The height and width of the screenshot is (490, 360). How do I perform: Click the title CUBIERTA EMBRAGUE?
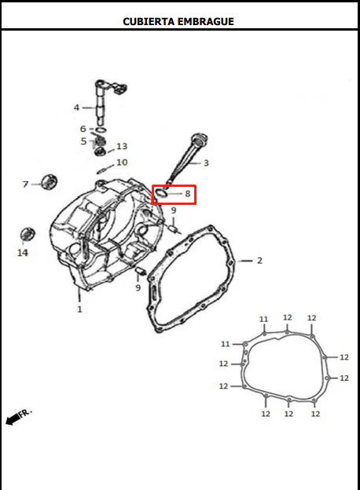178,21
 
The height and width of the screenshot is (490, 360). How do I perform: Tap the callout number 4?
76,108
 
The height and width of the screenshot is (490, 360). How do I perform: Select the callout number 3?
206,163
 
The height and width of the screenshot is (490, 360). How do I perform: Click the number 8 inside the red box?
188,194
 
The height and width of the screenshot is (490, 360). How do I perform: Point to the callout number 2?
259,261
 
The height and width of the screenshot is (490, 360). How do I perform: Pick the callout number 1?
79,309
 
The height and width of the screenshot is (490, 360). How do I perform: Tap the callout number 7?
26,185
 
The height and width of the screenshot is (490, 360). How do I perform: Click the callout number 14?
23,253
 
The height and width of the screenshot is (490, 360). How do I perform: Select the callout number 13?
122,146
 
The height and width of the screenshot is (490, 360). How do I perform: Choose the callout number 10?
122,163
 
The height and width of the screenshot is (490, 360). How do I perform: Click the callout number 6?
83,129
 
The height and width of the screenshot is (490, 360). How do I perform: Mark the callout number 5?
83,141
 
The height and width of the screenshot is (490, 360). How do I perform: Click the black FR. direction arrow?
13,419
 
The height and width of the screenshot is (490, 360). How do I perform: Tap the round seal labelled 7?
49,182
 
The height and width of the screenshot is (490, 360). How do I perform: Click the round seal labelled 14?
28,234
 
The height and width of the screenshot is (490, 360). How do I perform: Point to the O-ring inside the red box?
160,193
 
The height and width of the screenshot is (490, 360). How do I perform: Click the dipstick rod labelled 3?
186,159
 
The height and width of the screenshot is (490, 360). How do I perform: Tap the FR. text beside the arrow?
26,413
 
